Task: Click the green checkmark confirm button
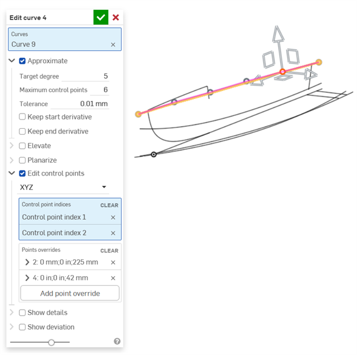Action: pos(101,18)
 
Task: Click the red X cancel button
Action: pos(115,18)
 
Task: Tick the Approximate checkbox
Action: pos(22,61)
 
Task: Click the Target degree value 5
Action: pos(106,76)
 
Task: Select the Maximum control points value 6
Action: pos(106,89)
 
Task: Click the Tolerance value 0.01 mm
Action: pos(94,104)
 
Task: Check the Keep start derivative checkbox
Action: pos(22,117)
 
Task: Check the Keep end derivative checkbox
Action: pos(22,131)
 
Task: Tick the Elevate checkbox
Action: pos(22,146)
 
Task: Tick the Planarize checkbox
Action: pos(22,160)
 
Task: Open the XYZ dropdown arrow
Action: pos(104,187)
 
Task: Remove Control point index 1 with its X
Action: pos(113,217)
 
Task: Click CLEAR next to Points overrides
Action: pos(109,251)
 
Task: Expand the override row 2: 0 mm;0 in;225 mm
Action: pos(27,262)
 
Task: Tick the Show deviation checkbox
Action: pos(22,327)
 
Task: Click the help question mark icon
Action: pos(117,341)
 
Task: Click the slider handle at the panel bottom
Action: pos(51,342)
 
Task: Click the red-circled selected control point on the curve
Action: pos(282,72)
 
